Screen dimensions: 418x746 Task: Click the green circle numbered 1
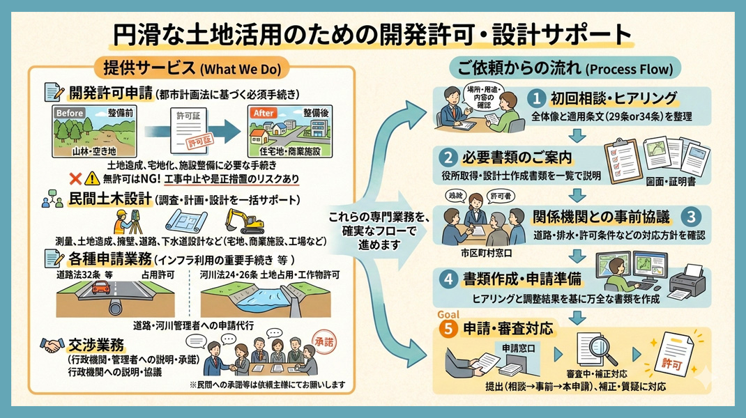click(538, 98)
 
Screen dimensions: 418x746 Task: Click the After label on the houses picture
click(262, 111)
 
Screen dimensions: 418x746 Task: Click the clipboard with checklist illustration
click(622, 158)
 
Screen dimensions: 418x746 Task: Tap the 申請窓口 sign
click(519, 346)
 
